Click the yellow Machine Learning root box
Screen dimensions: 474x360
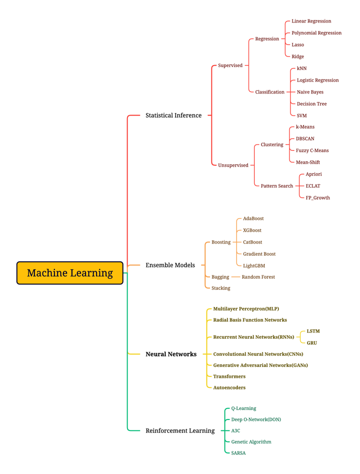pos(69,273)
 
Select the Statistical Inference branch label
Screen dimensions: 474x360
pos(173,115)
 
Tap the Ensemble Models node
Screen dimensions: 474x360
pos(170,265)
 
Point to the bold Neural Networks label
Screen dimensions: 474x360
pos(170,354)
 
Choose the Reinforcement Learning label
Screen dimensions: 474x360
pos(179,430)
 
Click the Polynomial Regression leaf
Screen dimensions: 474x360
pos(316,33)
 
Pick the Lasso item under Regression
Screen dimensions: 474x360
pos(297,45)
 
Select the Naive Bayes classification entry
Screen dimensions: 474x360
pos(310,92)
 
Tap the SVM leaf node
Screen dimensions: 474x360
pos(301,116)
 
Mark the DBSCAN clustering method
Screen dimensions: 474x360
pos(305,139)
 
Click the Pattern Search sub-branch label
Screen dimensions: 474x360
pos(276,186)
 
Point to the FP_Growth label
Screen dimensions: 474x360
pos(317,198)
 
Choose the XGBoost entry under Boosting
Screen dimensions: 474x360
pos(252,230)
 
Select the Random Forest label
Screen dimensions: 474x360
pos(258,277)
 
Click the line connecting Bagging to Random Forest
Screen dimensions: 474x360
pos(235,277)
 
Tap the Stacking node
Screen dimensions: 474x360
pos(220,288)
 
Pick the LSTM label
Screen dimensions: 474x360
pos(313,331)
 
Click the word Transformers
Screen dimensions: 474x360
pos(229,376)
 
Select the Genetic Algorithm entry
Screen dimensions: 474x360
pos(251,442)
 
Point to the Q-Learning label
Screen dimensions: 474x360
pos(243,408)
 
